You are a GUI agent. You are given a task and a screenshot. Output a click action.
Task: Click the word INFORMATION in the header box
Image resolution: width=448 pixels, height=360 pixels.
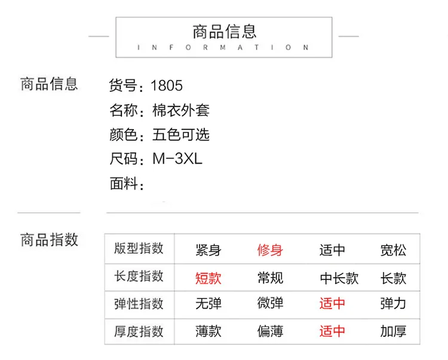(223, 47)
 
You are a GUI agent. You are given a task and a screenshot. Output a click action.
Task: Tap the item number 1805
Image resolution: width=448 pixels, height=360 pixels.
(167, 85)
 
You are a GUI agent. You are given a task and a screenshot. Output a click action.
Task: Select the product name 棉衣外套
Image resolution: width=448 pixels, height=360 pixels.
(181, 110)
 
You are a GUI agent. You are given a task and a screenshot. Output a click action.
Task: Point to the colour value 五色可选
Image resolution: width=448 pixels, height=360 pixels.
(181, 134)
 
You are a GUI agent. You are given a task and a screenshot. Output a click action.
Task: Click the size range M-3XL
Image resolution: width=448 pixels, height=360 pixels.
(177, 158)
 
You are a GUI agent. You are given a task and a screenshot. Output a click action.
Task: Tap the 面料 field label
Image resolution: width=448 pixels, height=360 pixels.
(124, 183)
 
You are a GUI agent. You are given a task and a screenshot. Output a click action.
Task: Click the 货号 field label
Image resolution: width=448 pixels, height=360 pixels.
(123, 85)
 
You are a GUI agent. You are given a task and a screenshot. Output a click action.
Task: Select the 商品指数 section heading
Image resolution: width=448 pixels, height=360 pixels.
(49, 239)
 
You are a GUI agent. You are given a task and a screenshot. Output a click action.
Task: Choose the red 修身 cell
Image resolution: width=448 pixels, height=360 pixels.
(270, 250)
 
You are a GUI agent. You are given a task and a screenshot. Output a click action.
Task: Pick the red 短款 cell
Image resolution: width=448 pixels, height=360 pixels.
(208, 278)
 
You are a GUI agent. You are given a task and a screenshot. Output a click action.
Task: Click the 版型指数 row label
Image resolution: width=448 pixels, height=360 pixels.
(139, 248)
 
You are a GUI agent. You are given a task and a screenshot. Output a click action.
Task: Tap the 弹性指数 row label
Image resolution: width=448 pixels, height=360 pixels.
(139, 303)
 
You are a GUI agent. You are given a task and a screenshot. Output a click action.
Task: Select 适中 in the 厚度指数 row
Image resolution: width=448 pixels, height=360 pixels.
(332, 331)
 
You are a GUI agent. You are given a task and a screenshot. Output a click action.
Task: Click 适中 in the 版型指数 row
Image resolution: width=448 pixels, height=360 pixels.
(332, 250)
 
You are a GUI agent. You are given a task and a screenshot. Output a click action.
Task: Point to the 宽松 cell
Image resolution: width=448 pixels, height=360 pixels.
(393, 250)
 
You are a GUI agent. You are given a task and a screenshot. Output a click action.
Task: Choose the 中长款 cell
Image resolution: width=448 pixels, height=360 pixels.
(339, 278)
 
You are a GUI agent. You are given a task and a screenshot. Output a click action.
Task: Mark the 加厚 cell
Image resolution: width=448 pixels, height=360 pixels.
(393, 331)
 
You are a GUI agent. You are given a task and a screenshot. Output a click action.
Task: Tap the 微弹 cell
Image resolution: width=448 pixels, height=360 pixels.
(270, 303)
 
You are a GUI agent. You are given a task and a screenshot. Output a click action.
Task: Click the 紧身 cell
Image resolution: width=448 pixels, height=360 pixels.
(208, 250)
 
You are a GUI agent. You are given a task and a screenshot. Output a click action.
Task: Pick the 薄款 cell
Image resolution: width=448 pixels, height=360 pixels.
(208, 331)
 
